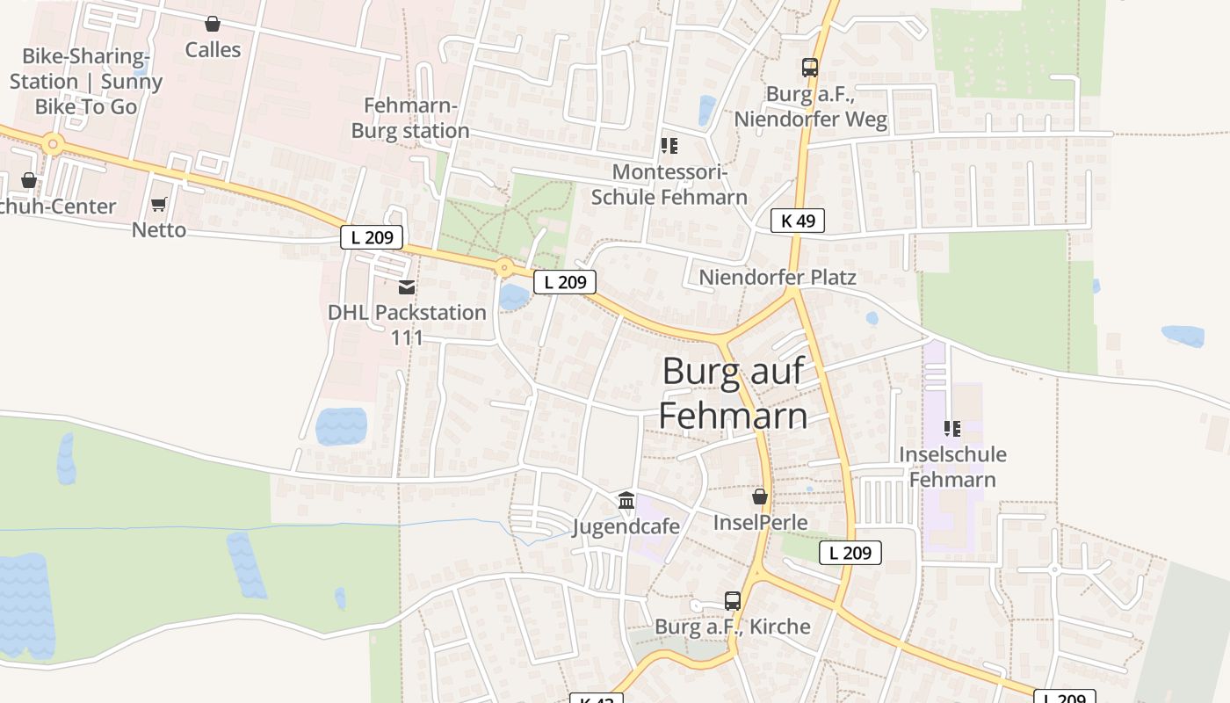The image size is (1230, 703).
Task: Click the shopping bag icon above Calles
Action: (x=212, y=24)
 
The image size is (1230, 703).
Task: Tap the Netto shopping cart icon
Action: (x=158, y=205)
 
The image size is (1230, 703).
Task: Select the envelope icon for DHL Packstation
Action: (x=407, y=287)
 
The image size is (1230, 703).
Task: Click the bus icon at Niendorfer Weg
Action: (x=809, y=68)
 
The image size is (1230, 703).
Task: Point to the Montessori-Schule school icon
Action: (x=669, y=146)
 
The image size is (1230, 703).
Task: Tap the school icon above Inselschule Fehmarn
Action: (x=951, y=429)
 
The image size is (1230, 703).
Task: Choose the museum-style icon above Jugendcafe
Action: (x=626, y=501)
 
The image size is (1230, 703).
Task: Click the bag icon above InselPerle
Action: (x=760, y=497)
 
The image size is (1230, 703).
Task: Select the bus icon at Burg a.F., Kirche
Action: (x=733, y=601)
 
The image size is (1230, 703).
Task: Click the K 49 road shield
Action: (x=798, y=221)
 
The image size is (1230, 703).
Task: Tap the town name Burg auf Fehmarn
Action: (x=734, y=393)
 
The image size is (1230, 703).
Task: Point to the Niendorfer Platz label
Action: (x=778, y=278)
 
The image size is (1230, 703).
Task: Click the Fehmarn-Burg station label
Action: (x=410, y=119)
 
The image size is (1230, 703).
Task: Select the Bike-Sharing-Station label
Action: (x=86, y=81)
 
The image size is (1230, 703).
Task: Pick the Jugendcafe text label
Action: (x=626, y=526)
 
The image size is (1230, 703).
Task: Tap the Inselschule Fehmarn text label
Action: (x=952, y=467)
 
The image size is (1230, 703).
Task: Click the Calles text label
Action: (x=213, y=50)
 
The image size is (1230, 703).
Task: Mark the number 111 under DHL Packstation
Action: (x=407, y=337)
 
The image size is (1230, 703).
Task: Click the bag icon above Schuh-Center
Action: (x=29, y=180)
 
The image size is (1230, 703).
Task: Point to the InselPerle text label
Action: (x=760, y=523)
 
